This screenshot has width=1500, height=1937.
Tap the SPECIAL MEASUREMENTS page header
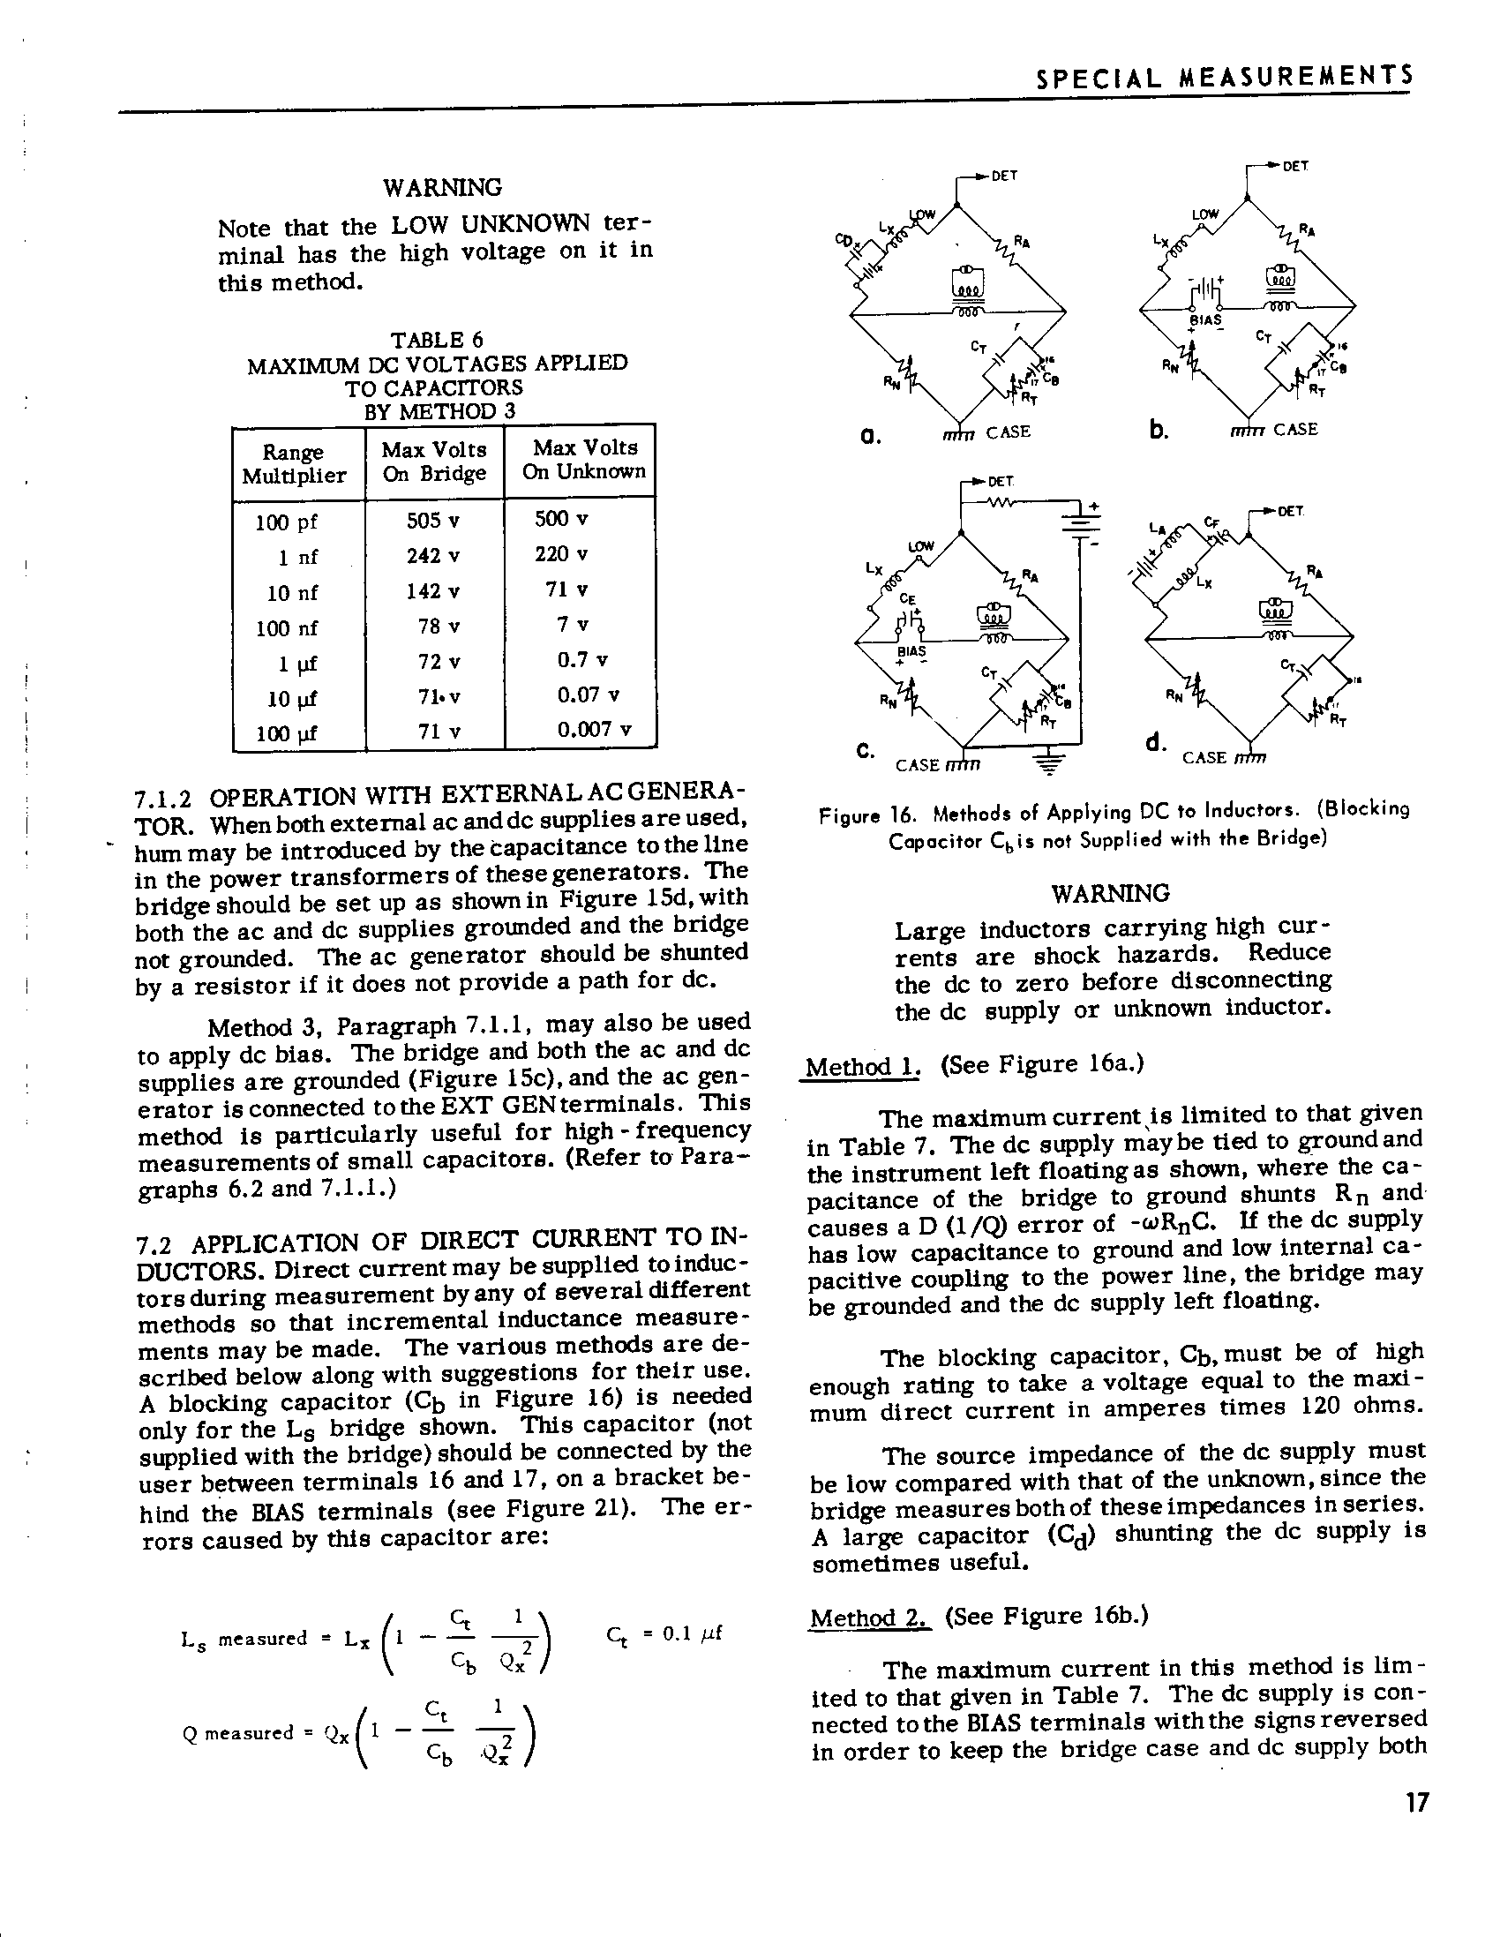point(1224,79)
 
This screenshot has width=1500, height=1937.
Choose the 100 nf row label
point(286,628)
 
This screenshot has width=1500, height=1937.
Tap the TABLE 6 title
point(438,340)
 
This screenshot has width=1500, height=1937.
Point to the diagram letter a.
point(870,436)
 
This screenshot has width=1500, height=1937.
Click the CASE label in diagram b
point(1295,430)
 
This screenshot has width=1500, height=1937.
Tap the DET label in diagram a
point(1003,176)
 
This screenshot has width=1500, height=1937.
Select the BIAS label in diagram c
point(911,651)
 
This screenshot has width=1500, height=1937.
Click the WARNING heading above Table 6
point(442,188)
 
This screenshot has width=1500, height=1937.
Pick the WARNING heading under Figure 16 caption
point(1110,892)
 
